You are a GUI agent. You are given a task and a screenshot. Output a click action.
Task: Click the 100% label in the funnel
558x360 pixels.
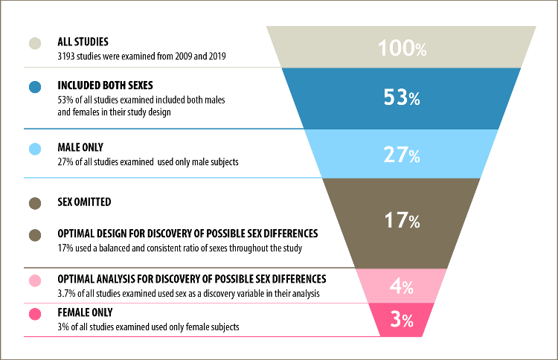402,48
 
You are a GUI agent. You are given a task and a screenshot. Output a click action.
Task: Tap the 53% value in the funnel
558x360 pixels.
402,97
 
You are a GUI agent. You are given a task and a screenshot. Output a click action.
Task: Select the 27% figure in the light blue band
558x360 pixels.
402,155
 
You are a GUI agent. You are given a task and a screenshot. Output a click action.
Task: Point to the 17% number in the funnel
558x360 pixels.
402,220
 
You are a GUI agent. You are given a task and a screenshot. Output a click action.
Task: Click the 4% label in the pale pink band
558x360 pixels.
402,286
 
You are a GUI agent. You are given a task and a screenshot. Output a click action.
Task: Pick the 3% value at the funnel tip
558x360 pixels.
402,319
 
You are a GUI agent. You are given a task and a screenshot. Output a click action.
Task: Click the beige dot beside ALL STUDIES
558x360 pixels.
35,43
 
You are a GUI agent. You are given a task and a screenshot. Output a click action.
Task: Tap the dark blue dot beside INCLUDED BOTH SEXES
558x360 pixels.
35,87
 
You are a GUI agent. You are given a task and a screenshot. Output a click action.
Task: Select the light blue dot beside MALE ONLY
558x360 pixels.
35,149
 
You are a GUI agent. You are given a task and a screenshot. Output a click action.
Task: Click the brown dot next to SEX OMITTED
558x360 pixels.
35,203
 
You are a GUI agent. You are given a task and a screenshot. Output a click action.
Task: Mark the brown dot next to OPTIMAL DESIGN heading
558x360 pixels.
35,235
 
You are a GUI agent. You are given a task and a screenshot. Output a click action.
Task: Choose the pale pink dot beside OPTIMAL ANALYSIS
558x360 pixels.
35,280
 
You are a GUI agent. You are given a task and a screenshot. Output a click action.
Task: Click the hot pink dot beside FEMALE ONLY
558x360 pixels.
35,314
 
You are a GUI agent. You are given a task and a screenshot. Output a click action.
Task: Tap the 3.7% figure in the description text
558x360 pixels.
66,294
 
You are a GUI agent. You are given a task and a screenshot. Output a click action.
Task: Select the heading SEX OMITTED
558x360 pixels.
84,202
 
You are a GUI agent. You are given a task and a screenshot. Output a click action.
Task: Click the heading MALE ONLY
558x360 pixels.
80,147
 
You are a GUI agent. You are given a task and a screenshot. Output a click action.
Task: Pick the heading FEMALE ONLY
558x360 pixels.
85,312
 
